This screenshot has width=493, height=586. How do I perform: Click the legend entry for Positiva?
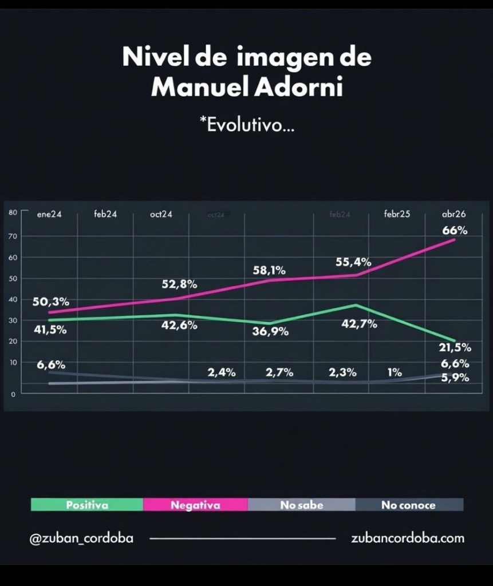tap(87, 505)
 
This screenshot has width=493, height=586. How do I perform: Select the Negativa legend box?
tap(195, 505)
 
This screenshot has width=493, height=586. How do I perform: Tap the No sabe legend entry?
tap(302, 505)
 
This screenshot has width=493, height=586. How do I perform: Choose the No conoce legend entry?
tap(408, 505)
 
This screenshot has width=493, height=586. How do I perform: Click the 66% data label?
tap(455, 231)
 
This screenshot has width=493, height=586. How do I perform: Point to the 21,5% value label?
tap(455, 347)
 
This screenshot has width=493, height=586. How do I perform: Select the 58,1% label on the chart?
tap(269, 270)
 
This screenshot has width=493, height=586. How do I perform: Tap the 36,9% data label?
tap(270, 331)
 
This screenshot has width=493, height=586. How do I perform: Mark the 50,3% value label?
tap(50, 302)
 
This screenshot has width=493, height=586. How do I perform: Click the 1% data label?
tap(395, 373)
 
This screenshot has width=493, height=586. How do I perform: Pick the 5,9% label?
tap(455, 378)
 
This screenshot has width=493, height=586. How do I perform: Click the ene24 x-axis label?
tap(49, 215)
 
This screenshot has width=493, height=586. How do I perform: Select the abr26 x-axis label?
tap(454, 215)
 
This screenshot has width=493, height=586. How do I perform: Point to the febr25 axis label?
tap(397, 215)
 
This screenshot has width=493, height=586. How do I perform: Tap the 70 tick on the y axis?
tap(13, 236)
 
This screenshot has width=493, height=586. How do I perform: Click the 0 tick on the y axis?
tap(13, 394)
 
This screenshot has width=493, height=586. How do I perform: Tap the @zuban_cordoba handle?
tap(81, 539)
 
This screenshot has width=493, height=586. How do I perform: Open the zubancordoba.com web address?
tap(408, 539)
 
